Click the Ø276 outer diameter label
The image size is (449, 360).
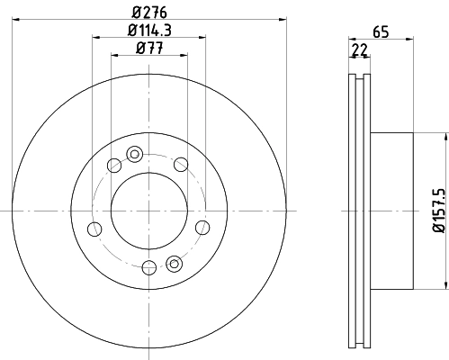pos(149,12)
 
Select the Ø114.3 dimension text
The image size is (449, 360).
pos(149,30)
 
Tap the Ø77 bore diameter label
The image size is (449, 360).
pos(149,48)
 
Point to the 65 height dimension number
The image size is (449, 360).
pos(381,31)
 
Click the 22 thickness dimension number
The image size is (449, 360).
pos(359,49)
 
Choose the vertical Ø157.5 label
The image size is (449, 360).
pos(439,211)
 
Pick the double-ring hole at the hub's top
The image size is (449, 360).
pos(134,154)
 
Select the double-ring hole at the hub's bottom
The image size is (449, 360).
pos(174,264)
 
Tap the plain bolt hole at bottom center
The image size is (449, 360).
pos(149,267)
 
